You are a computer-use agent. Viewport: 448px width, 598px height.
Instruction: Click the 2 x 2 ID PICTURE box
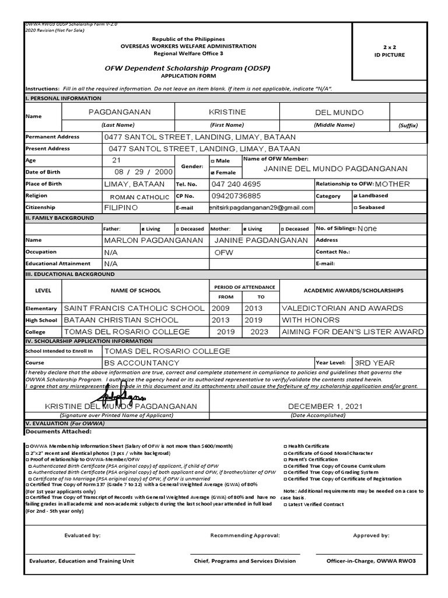click(x=397, y=51)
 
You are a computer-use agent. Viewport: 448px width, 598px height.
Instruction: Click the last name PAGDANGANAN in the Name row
click(x=119, y=112)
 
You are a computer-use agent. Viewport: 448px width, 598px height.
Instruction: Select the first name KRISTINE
click(x=227, y=112)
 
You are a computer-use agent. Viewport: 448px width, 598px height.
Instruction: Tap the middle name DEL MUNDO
click(x=339, y=112)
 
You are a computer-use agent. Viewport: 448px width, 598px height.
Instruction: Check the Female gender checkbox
click(x=212, y=173)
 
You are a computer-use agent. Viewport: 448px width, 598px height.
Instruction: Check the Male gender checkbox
click(x=212, y=161)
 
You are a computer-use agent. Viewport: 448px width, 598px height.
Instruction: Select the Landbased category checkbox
click(x=356, y=196)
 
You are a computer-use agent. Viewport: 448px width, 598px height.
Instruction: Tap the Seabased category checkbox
click(x=356, y=207)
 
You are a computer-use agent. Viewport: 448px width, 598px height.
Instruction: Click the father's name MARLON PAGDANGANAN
click(x=153, y=240)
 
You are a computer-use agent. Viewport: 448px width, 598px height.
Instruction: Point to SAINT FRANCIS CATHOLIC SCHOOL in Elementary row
click(x=134, y=308)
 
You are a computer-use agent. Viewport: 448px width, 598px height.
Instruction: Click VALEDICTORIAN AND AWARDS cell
click(x=342, y=308)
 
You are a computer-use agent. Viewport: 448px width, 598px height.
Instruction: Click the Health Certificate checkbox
click(x=285, y=446)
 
